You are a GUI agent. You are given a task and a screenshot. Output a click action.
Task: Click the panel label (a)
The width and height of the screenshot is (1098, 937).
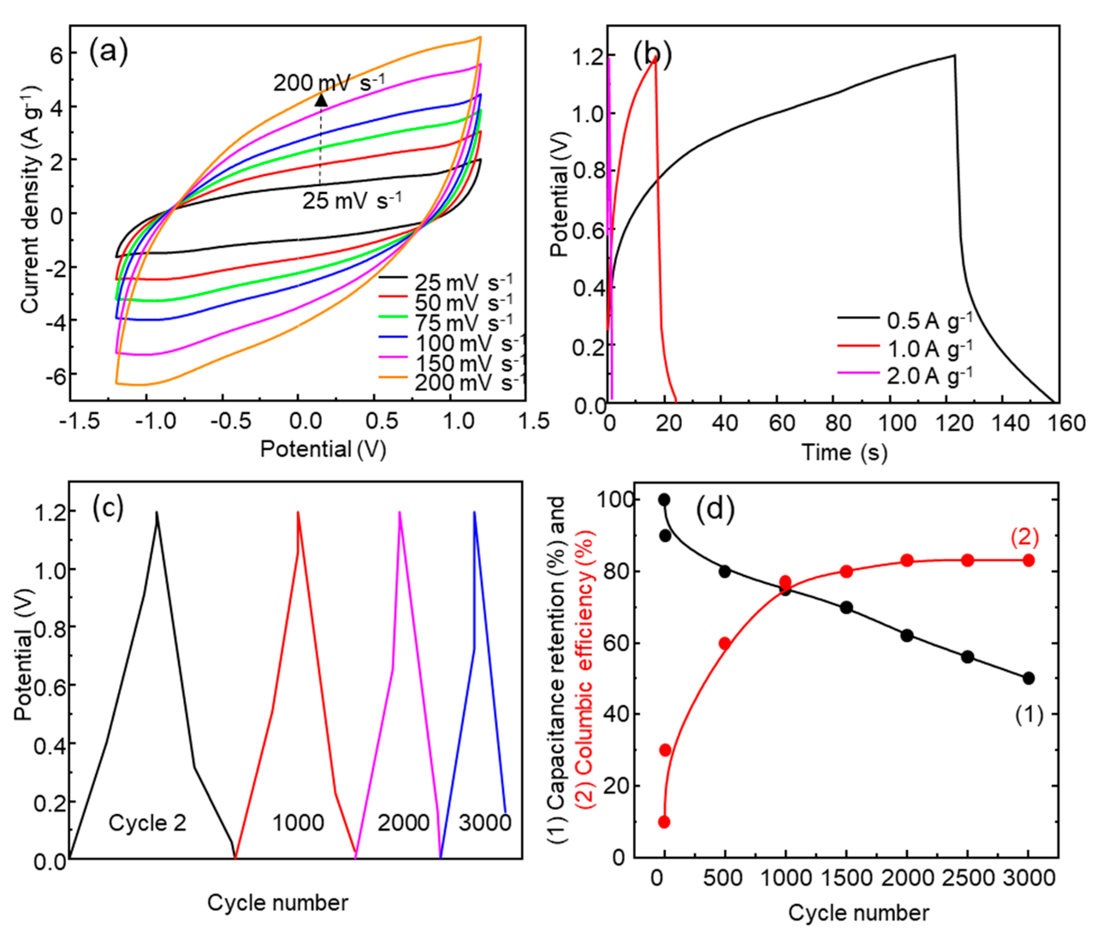tap(108, 53)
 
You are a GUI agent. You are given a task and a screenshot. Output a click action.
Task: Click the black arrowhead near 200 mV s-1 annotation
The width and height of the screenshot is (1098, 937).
tap(321, 100)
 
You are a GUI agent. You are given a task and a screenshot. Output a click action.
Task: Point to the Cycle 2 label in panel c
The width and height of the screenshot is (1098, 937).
tap(147, 823)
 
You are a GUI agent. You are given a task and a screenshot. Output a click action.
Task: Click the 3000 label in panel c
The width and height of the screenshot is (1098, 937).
tap(484, 823)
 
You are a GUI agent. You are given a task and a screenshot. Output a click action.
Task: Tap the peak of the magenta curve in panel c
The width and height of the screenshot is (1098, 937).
tap(400, 512)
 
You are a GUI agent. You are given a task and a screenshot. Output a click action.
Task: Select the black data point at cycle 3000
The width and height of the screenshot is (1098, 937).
tap(1028, 679)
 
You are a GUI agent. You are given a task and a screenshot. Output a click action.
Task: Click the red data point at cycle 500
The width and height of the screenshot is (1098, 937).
tap(725, 643)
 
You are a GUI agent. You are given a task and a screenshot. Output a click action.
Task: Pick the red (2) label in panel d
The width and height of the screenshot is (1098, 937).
tap(1024, 538)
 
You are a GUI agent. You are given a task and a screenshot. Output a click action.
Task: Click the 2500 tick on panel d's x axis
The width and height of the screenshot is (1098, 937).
tap(967, 878)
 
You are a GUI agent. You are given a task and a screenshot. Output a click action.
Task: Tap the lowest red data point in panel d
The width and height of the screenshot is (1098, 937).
tap(664, 822)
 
